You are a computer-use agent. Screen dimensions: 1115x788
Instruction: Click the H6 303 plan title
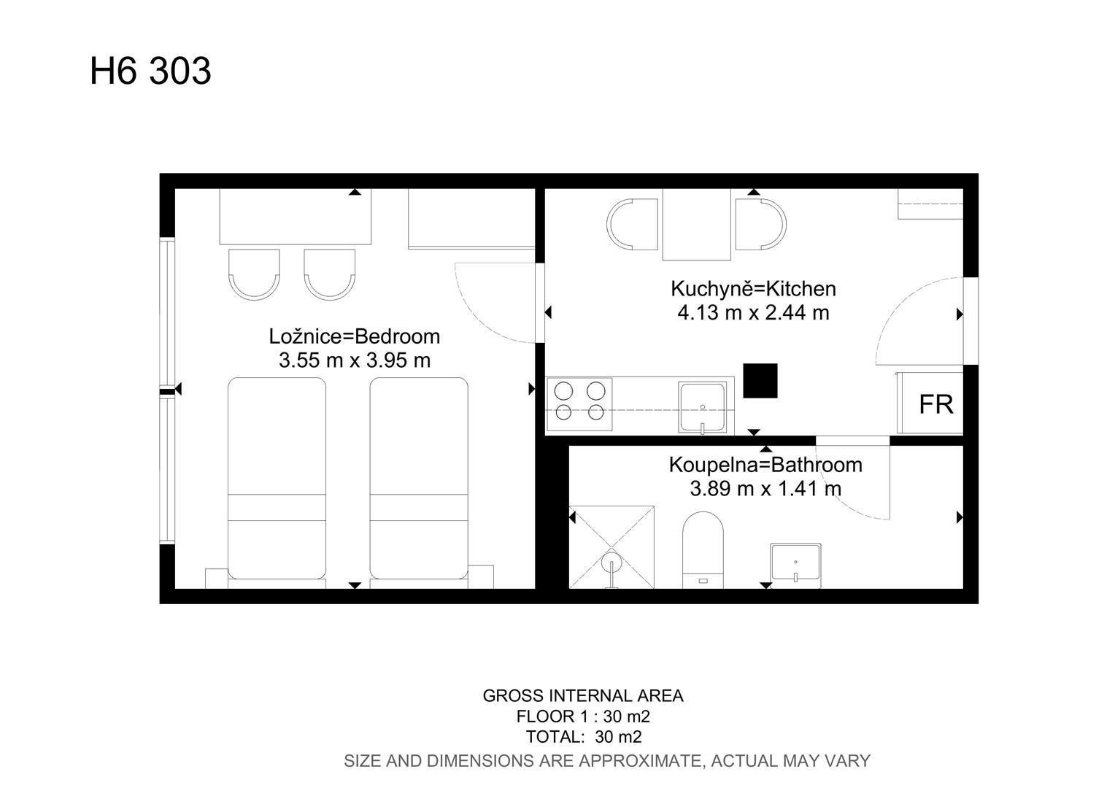point(150,72)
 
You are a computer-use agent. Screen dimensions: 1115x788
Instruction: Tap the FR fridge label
point(935,404)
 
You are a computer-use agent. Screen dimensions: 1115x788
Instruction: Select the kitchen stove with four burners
point(579,403)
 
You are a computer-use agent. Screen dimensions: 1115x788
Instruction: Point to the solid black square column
point(760,381)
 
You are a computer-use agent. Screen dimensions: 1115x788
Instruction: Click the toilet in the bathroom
point(703,549)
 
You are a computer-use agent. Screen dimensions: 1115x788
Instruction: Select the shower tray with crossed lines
point(611,547)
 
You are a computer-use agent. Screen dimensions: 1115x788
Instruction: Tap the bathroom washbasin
point(795,563)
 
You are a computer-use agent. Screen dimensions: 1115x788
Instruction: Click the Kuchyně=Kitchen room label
point(753,289)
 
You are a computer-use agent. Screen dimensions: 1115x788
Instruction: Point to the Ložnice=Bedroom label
point(355,336)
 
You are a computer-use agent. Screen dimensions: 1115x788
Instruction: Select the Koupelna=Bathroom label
point(765,465)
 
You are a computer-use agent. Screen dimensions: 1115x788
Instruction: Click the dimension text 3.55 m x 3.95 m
point(355,360)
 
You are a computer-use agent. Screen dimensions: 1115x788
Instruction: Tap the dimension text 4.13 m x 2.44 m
point(753,312)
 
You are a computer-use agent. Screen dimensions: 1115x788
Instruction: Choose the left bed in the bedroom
point(277,478)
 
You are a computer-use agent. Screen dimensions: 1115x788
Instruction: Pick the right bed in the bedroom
point(419,478)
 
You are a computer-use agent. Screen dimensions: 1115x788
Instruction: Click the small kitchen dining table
point(696,224)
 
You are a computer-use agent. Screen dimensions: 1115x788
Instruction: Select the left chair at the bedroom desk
point(254,274)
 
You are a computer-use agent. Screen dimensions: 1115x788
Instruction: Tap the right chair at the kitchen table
point(761,224)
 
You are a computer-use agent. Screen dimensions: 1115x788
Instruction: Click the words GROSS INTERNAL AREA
point(583,695)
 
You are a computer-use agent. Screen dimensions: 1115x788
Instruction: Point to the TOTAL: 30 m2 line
point(583,736)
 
